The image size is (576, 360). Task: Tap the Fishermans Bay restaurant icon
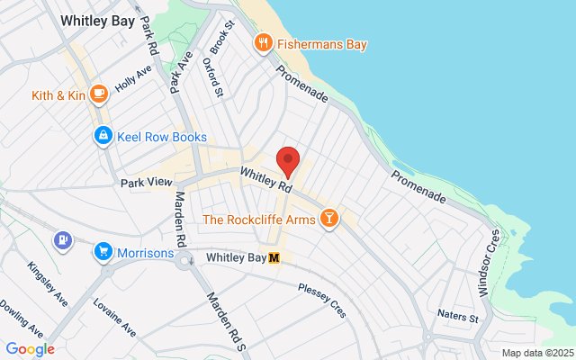[264, 42]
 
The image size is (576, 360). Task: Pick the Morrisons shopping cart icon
[104, 252]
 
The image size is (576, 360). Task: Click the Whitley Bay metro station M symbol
[275, 257]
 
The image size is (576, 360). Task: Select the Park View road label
[146, 182]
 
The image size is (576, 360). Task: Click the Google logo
[30, 348]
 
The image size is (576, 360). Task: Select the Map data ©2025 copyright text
[536, 352]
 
